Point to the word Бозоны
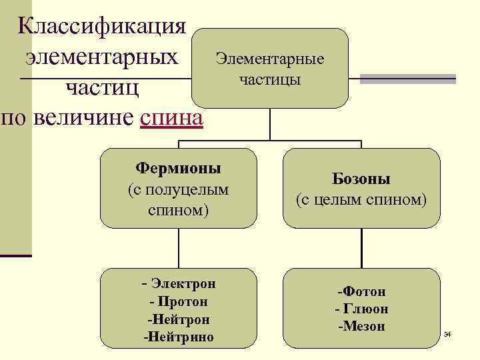click(361, 179)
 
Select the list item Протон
click(179, 301)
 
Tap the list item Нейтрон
click(179, 319)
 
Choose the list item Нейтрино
click(179, 337)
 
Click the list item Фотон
click(361, 291)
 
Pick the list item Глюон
click(361, 309)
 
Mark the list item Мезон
click(361, 326)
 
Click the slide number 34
click(447, 333)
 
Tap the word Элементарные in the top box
click(269, 59)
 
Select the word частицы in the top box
click(269, 79)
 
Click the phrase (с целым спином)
click(361, 199)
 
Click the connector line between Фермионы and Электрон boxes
click(179, 247)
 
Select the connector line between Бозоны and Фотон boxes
click(361, 247)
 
